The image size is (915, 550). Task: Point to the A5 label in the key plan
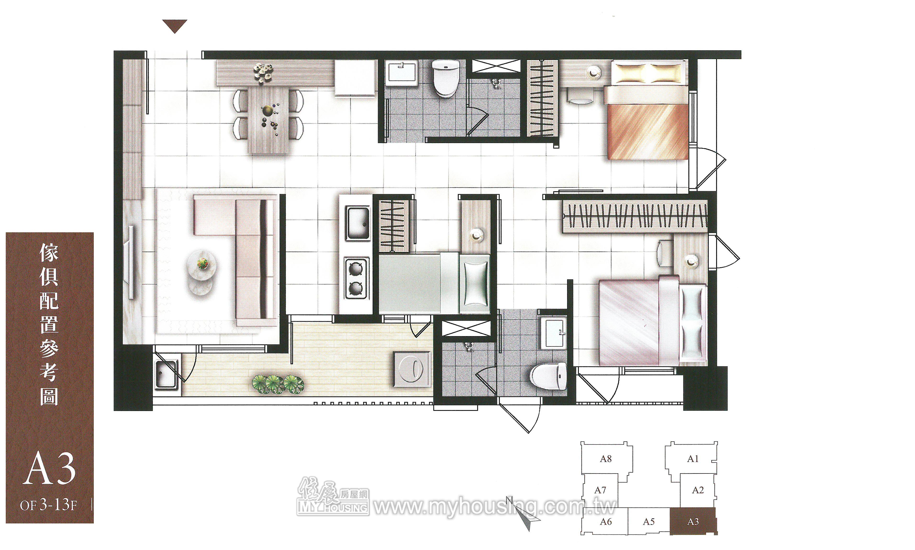648,522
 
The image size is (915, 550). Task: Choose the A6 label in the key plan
606,522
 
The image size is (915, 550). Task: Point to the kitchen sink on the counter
357,222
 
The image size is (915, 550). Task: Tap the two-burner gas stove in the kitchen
357,278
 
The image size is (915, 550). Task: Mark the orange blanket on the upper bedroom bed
647,132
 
